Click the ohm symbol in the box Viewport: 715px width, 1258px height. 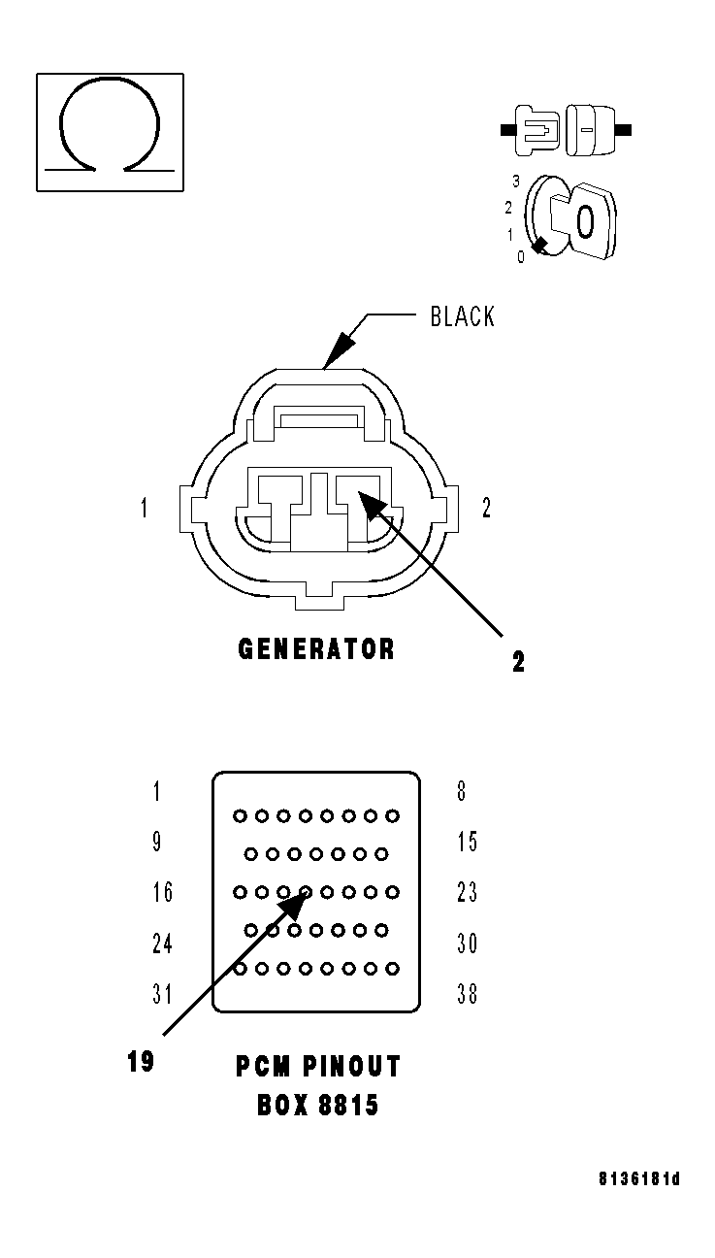click(x=110, y=131)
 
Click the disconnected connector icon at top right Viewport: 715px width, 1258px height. click(x=566, y=128)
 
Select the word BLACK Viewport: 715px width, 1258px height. click(x=463, y=316)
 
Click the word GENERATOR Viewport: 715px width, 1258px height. click(x=316, y=648)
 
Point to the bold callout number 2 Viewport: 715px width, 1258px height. click(x=519, y=662)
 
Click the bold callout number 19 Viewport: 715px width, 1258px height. click(x=141, y=1061)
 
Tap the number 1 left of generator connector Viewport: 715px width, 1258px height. click(x=144, y=508)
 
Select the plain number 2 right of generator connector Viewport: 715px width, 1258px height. click(x=486, y=508)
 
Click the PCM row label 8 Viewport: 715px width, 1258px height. click(x=462, y=791)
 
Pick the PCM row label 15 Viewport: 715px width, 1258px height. click(x=468, y=842)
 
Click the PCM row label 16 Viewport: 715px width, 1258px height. click(x=162, y=891)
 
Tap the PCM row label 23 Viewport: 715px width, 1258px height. click(x=468, y=891)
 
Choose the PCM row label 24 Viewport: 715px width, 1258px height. click(x=162, y=943)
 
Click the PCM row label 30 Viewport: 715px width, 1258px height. click(x=468, y=943)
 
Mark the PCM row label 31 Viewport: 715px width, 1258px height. click(x=162, y=994)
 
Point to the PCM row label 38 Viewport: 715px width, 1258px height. click(x=468, y=994)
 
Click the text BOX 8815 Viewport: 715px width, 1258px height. click(x=317, y=1105)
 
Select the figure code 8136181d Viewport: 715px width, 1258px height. click(x=638, y=1179)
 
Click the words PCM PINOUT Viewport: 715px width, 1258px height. click(x=317, y=1067)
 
